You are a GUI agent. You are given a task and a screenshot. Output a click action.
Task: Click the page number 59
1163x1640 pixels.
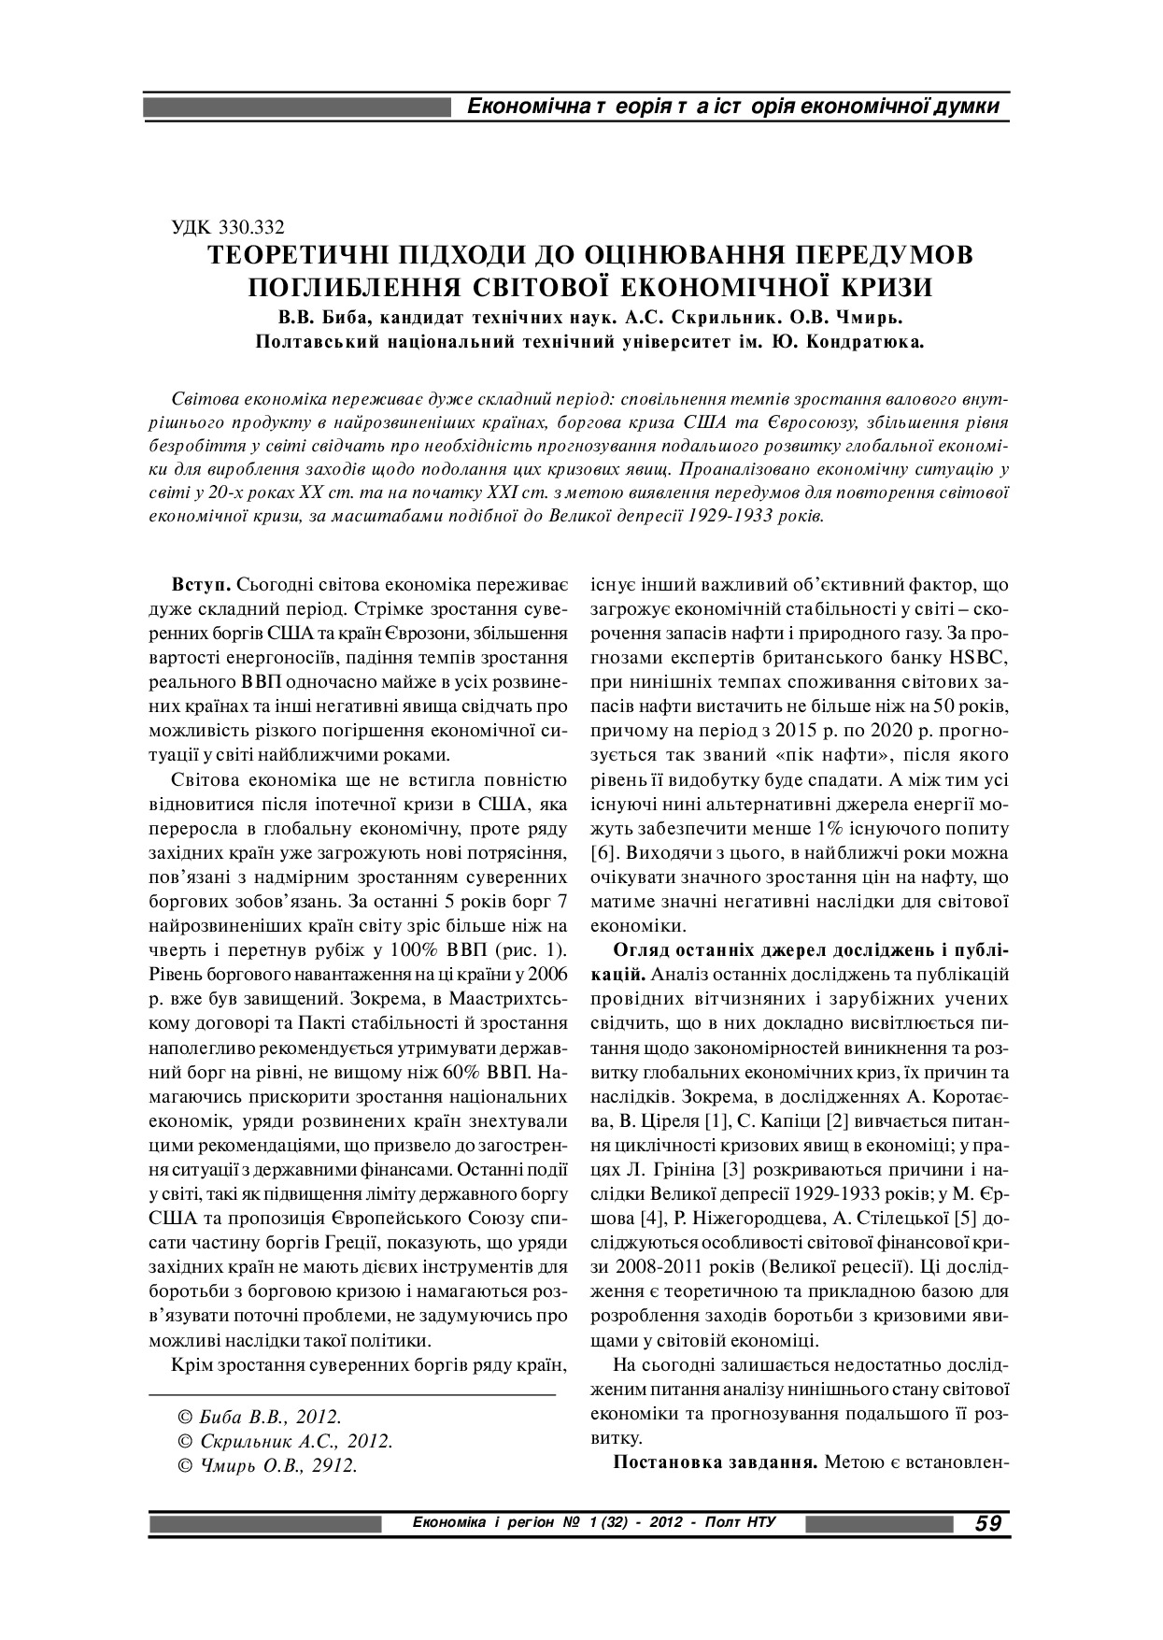(x=987, y=1524)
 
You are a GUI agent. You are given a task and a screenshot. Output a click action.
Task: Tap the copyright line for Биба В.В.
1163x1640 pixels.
(x=259, y=1417)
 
